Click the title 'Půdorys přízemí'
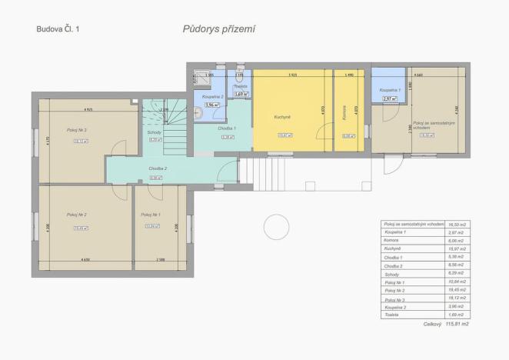pos(218,29)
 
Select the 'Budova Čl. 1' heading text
pos(57,29)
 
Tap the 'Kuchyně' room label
pos(282,117)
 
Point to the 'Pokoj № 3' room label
pos(76,131)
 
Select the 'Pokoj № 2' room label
pos(76,215)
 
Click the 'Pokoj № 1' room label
pos(151,215)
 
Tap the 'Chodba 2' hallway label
pos(158,168)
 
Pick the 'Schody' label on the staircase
pos(154,132)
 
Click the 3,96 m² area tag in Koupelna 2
pos(211,105)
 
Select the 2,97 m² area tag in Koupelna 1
pos(389,98)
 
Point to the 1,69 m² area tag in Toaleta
pos(241,94)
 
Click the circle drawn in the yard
pos(274,227)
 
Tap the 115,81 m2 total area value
pos(457,325)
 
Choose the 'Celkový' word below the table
pos(433,325)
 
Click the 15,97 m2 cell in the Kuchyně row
pos(457,248)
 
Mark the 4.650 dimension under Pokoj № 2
pos(85,261)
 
